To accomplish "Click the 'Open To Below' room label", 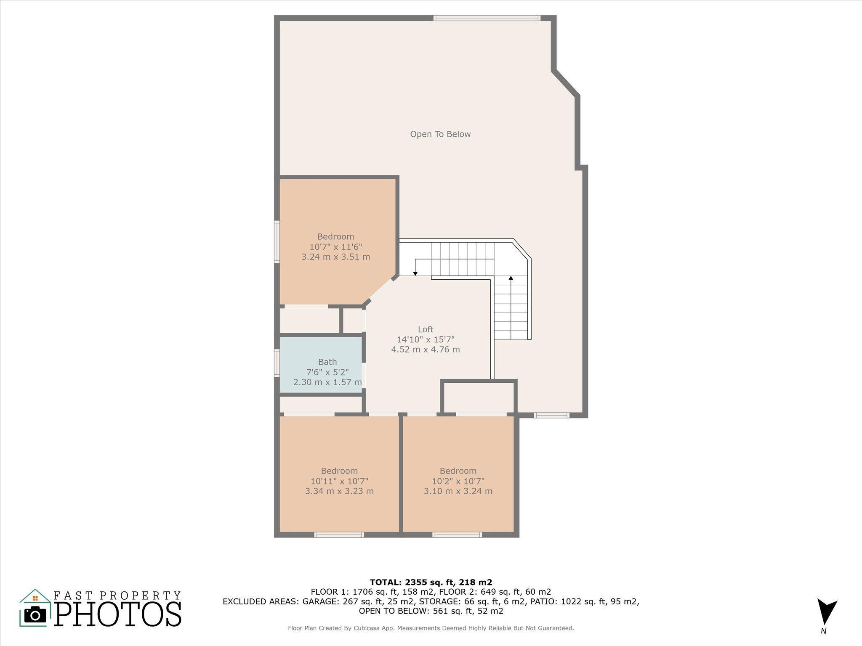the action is click(440, 134).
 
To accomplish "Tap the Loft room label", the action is click(426, 329).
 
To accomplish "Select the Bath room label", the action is click(327, 362).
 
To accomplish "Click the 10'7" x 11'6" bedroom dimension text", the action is click(335, 246).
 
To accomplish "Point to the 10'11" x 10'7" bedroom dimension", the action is click(339, 481).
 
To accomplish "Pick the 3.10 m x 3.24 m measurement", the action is click(458, 491).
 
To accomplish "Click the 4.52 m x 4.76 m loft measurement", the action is click(426, 349).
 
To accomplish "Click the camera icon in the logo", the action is click(35, 615).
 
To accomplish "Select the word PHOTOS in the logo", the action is click(118, 614).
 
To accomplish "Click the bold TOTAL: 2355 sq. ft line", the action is click(431, 582).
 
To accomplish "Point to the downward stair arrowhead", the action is click(415, 274).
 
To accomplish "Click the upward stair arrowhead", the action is click(511, 278).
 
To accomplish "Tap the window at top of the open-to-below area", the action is click(487, 18).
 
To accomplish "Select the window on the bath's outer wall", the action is click(277, 363).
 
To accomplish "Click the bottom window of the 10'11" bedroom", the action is click(339, 535).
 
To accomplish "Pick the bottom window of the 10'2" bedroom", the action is click(458, 535).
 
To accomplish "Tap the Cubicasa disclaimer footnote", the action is click(431, 628).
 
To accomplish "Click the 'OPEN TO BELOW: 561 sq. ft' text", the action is click(431, 611).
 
